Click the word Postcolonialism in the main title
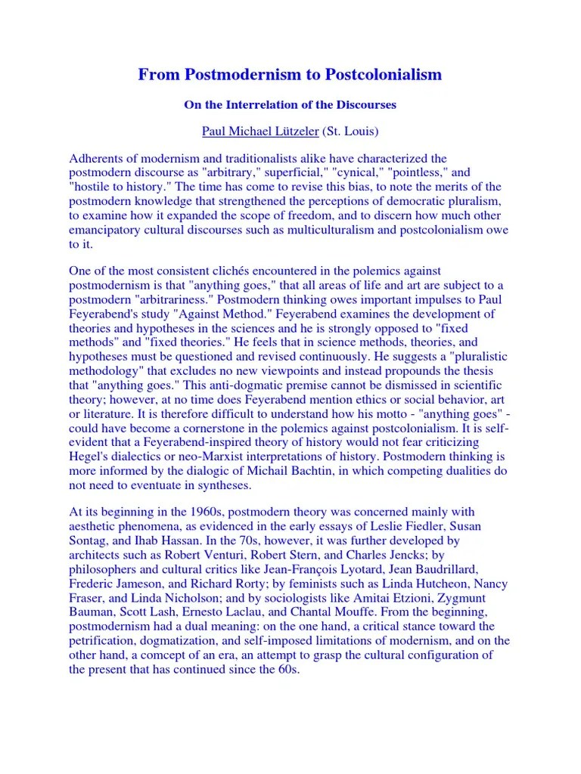[384, 75]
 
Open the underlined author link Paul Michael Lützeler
[260, 132]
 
